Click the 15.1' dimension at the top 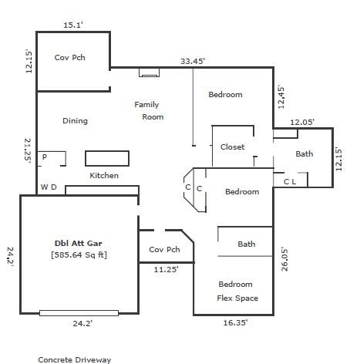point(73,25)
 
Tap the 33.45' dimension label point(193,60)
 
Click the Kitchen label point(104,175)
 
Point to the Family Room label point(149,110)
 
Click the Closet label point(232,147)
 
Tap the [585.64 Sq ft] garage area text point(79,254)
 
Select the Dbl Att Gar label point(79,242)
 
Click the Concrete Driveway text point(75,359)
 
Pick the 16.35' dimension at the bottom point(234,323)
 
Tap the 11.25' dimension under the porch point(164,270)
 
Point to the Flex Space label point(237,298)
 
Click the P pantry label point(45,157)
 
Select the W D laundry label point(49,187)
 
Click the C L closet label point(290,182)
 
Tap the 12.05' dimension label point(301,122)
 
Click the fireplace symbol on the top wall point(149,72)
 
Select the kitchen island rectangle point(106,158)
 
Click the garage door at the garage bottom point(79,313)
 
